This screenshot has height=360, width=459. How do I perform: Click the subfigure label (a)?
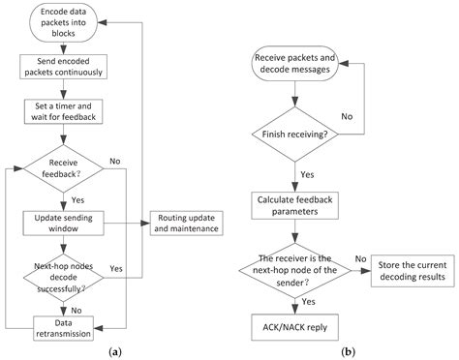[x=115, y=351]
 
